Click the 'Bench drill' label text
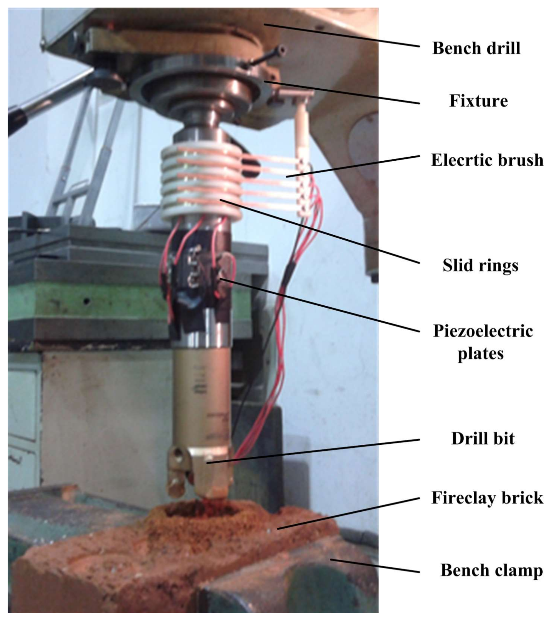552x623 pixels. click(x=476, y=48)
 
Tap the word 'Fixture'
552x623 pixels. click(x=479, y=101)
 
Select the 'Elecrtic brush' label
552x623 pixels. click(x=487, y=160)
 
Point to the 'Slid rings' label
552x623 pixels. click(x=480, y=265)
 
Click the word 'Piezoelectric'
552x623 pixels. click(x=483, y=331)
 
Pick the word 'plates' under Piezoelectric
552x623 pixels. click(x=481, y=354)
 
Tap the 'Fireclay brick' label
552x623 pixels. click(x=487, y=498)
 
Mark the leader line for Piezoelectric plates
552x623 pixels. click(x=320, y=304)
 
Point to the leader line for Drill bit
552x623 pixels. click(x=313, y=451)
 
